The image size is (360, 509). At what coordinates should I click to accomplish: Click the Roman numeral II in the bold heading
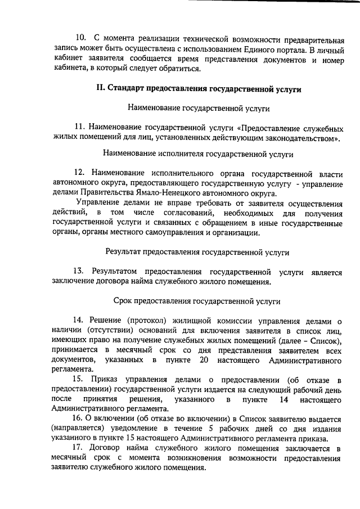tap(101, 89)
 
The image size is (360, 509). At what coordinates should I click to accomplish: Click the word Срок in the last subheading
tap(130, 301)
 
